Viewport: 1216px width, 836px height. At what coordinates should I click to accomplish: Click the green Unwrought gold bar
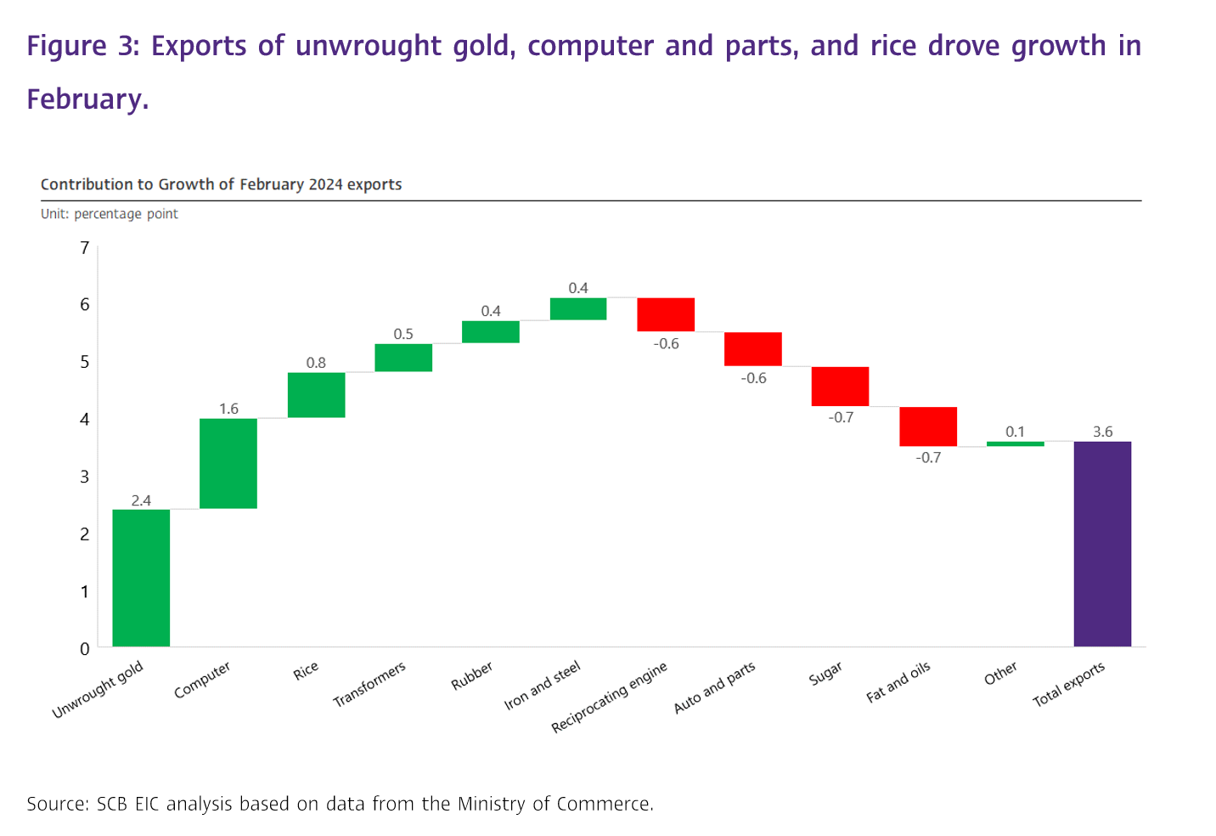141,578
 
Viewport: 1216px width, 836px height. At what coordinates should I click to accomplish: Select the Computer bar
228,463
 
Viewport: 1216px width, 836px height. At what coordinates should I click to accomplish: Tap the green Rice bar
317,395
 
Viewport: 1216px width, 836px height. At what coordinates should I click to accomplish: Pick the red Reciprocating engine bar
666,314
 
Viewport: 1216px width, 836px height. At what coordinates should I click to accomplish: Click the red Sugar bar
841,387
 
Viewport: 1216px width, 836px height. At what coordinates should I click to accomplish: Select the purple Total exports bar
1102,544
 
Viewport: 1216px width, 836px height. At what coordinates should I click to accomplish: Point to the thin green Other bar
1015,443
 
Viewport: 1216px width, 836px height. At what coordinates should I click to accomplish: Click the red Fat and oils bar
928,426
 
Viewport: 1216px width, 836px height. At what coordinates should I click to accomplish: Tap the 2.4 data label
141,500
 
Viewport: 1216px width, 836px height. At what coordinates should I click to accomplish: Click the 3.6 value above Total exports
1102,432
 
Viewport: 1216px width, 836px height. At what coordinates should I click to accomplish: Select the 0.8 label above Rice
316,363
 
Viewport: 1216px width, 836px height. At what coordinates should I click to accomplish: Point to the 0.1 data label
1015,432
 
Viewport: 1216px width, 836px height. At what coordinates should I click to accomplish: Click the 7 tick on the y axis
85,248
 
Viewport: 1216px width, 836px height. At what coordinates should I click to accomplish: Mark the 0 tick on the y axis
85,648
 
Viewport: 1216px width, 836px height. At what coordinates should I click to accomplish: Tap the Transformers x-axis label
369,684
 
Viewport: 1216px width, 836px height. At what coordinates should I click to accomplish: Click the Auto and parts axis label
714,687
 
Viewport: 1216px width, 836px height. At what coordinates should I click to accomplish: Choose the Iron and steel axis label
543,686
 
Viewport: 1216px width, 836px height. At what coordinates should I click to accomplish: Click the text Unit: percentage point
109,214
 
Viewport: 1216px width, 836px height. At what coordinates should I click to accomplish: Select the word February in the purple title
87,99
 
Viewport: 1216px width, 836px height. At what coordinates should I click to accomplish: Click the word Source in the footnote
58,804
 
